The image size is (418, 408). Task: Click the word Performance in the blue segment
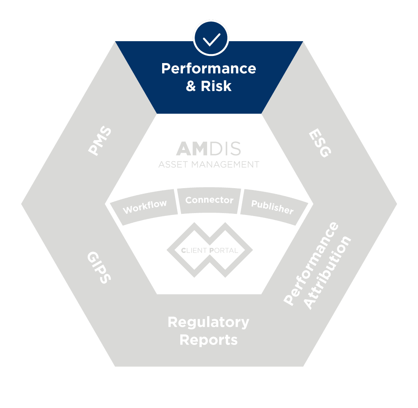click(209, 69)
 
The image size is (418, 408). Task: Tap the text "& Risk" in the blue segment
click(209, 86)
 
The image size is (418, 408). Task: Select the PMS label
click(100, 141)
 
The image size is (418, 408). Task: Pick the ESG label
click(320, 144)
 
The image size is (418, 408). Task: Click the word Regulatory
click(209, 323)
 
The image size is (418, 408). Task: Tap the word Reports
click(209, 340)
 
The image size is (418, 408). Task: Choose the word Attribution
click(328, 273)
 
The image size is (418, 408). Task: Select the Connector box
click(209, 200)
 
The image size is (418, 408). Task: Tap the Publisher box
click(272, 207)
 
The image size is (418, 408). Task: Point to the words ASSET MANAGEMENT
click(209, 165)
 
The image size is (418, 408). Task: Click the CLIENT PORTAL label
click(209, 250)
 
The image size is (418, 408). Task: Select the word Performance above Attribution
click(311, 264)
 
